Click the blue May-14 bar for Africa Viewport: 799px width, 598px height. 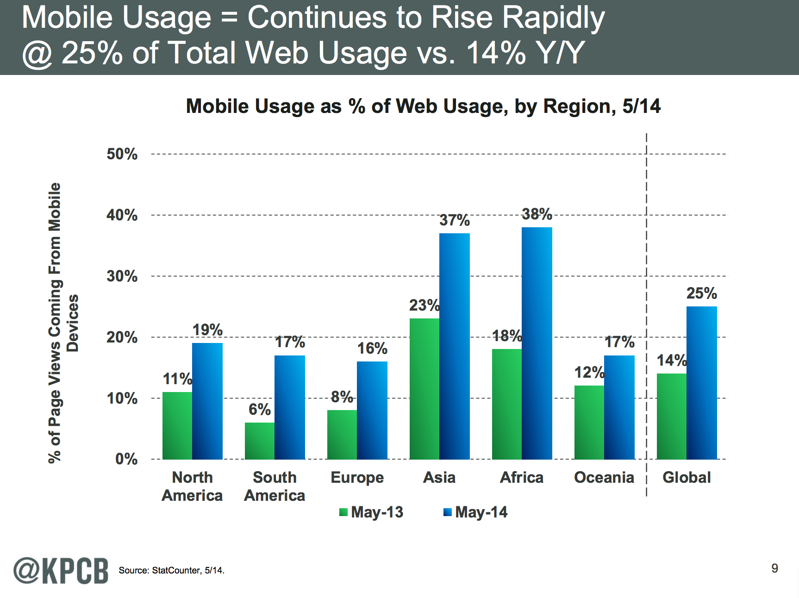click(x=537, y=343)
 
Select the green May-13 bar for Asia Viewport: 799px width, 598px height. click(x=424, y=389)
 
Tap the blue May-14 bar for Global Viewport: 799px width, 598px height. click(x=702, y=383)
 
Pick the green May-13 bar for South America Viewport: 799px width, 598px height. click(x=260, y=441)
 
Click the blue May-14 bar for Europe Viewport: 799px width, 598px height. click(x=372, y=410)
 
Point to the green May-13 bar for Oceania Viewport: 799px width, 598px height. click(x=589, y=422)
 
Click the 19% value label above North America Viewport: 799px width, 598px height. click(x=207, y=330)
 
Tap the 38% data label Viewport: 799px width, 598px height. click(x=537, y=214)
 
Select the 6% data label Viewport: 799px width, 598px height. click(x=260, y=409)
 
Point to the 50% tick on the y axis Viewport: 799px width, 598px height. click(x=122, y=154)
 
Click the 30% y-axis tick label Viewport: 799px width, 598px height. click(x=122, y=276)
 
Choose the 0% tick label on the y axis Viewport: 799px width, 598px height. click(x=126, y=459)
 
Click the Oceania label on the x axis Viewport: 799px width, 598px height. click(x=604, y=477)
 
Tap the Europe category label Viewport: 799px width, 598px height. click(x=357, y=477)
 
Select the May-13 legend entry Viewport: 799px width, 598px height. click(x=371, y=512)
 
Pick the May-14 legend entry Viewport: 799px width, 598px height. click(x=475, y=512)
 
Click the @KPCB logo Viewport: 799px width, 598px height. click(x=61, y=570)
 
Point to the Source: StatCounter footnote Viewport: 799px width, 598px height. click(x=171, y=570)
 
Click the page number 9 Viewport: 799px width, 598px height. click(x=774, y=568)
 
